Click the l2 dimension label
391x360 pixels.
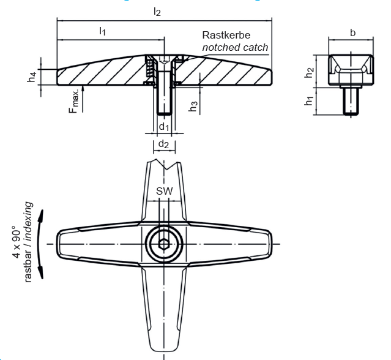click(158, 12)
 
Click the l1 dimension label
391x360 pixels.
click(103, 31)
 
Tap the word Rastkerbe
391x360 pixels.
click(226, 36)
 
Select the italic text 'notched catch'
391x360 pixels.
click(235, 47)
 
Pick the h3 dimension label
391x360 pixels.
click(193, 105)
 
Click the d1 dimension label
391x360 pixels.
click(163, 126)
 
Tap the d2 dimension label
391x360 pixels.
click(163, 144)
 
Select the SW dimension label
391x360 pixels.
click(164, 191)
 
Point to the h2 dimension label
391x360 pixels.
click(310, 70)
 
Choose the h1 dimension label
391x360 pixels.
click(310, 100)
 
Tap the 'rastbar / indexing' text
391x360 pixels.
click(29, 242)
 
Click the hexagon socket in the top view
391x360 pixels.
click(164, 244)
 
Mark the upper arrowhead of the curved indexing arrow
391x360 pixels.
click(42, 214)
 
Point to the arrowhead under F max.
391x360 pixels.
click(83, 89)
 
